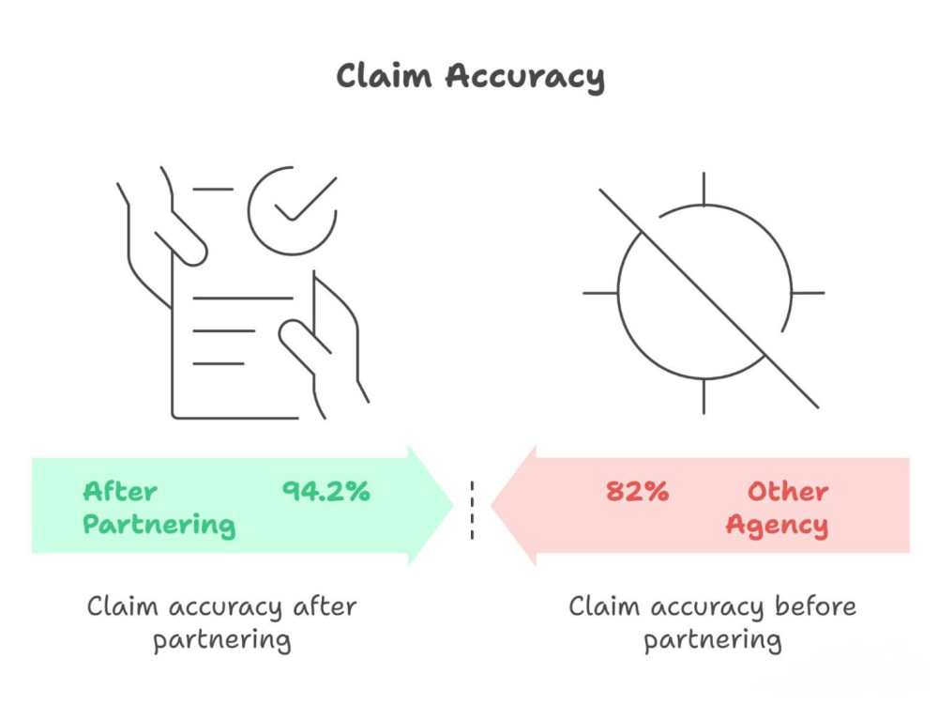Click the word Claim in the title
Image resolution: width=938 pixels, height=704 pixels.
pos(384,76)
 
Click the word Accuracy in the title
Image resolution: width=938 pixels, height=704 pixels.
pos(525,78)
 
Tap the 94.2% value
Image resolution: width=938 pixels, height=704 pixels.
pos(326,491)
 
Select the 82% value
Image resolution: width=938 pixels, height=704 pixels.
pos(637,491)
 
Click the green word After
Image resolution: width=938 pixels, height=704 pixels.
pos(120,491)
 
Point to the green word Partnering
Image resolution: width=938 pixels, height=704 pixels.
pos(159,525)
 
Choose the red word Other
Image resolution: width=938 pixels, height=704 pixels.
pos(788,491)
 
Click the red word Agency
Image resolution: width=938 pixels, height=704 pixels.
pos(777,525)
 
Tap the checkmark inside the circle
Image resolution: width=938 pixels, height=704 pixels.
pos(305,199)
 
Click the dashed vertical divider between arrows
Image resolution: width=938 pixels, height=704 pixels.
pos(472,510)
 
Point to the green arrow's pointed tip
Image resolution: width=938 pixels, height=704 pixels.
pos(453,505)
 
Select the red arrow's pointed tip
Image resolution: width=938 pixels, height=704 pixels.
pos(492,505)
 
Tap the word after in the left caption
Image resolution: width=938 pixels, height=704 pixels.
pos(325,605)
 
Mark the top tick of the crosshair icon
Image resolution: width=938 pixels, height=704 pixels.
pos(703,189)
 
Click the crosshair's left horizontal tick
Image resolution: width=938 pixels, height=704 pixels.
pos(600,293)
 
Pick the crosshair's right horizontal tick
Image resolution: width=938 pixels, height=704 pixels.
pos(809,293)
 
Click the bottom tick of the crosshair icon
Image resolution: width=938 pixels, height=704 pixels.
pos(703,396)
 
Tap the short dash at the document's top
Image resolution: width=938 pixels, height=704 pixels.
pos(213,190)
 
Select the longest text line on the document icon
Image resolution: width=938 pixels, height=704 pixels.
pos(243,298)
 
